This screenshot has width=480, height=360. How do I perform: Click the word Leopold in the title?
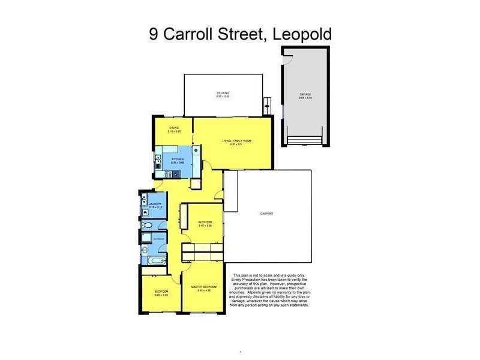point(302,34)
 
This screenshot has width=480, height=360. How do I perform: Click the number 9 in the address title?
point(154,34)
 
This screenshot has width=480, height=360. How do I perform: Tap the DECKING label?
point(223,93)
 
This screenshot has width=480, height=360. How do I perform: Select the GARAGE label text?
point(306,95)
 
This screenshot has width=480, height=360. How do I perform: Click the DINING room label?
point(174,128)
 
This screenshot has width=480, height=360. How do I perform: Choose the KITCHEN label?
point(177,160)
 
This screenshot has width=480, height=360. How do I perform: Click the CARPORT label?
point(267,213)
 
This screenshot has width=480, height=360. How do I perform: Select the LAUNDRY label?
point(155,204)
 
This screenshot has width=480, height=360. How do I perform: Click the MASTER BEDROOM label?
point(203,287)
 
